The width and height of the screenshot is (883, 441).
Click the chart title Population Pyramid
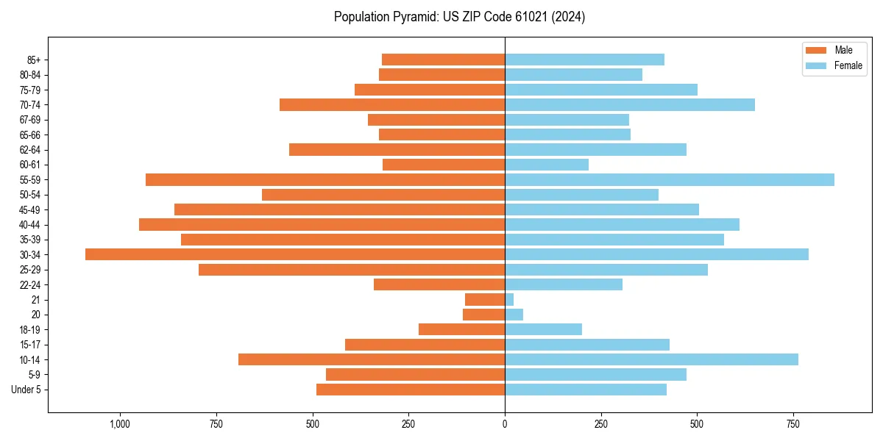(x=459, y=17)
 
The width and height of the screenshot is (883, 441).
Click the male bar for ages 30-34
(x=294, y=254)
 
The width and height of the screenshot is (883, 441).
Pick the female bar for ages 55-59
(x=669, y=179)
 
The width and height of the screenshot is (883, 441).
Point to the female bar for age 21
(x=509, y=300)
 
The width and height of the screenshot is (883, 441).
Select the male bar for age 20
(x=483, y=315)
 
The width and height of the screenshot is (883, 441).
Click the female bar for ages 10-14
(x=651, y=359)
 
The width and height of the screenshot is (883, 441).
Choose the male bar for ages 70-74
(x=392, y=104)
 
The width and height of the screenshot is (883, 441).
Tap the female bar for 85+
(x=584, y=60)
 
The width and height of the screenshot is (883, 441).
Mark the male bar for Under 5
(x=411, y=390)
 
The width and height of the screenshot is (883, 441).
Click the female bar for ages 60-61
(x=546, y=165)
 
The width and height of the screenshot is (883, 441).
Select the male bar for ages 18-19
(x=461, y=329)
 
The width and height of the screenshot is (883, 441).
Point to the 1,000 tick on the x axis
(x=120, y=424)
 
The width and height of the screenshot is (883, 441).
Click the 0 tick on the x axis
(x=505, y=424)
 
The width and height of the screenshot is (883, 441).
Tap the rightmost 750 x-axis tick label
(x=793, y=424)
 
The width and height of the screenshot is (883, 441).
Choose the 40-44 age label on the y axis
(x=30, y=225)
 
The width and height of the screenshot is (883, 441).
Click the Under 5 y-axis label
(x=26, y=390)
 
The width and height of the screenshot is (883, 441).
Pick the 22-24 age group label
(x=30, y=285)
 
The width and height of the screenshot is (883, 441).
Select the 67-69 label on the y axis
(x=30, y=120)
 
